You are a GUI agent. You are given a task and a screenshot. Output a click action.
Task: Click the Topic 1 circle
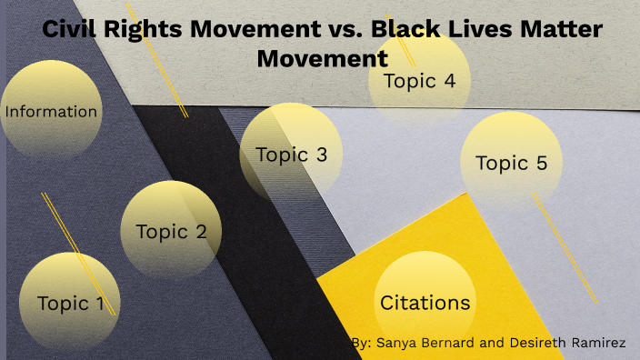point(70,304)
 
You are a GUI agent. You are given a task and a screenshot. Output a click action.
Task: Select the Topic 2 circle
point(171,231)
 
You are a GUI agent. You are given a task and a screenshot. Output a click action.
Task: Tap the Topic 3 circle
point(291,155)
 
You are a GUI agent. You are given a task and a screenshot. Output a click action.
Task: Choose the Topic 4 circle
point(419,81)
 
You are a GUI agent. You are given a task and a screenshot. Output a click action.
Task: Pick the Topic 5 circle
point(511,164)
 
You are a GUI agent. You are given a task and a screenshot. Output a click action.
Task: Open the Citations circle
point(425,303)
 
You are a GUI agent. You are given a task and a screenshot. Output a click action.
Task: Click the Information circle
point(51,112)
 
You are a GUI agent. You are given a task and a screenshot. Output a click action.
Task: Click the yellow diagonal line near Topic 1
point(77,254)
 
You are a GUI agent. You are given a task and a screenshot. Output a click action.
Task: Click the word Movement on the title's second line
point(322,58)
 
